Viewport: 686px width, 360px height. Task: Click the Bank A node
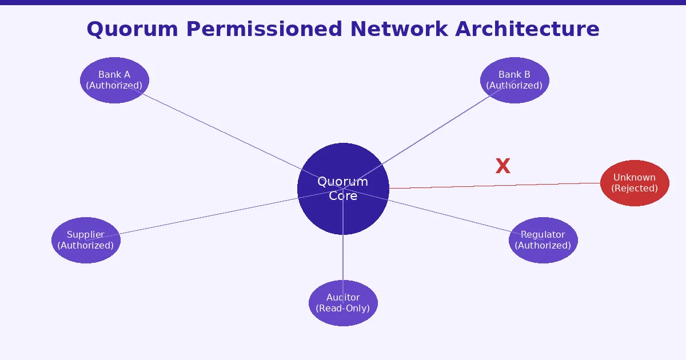(x=114, y=80)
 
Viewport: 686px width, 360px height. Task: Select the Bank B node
(x=514, y=80)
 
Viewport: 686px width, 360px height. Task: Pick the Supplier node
(x=86, y=240)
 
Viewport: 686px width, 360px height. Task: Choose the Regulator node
(x=543, y=240)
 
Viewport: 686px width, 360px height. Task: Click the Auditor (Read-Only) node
(x=343, y=303)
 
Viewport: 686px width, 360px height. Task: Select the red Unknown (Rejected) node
(x=635, y=183)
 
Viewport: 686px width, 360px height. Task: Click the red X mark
(x=502, y=166)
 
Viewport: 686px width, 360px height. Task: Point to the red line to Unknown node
(x=494, y=186)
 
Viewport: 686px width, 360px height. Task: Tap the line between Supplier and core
(x=200, y=217)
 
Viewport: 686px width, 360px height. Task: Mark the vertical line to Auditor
(x=343, y=257)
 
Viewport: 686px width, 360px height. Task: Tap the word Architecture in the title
(x=527, y=29)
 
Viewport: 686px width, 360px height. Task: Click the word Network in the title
(x=398, y=29)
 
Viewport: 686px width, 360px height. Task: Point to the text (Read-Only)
(x=343, y=309)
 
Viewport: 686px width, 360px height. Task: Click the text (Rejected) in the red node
(x=635, y=189)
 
